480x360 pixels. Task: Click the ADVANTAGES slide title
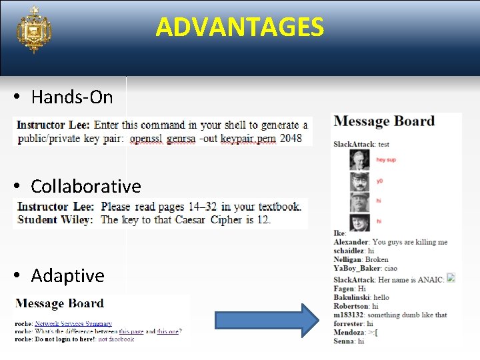[240, 27]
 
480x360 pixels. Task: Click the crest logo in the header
[34, 30]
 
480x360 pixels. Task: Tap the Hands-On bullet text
[72, 97]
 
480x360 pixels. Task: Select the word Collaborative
[86, 186]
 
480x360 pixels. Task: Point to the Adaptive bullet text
[67, 275]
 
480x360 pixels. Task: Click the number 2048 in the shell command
[291, 139]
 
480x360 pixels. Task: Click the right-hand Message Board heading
[384, 121]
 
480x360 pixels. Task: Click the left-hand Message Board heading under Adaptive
[60, 304]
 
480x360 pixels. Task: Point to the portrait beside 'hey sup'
[359, 160]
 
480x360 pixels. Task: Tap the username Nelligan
[347, 260]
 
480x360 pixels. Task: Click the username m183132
[349, 315]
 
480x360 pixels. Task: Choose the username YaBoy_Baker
[353, 269]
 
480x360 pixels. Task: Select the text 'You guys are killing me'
[410, 242]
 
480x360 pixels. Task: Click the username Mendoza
[349, 332]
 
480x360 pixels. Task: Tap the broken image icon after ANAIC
[451, 278]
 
